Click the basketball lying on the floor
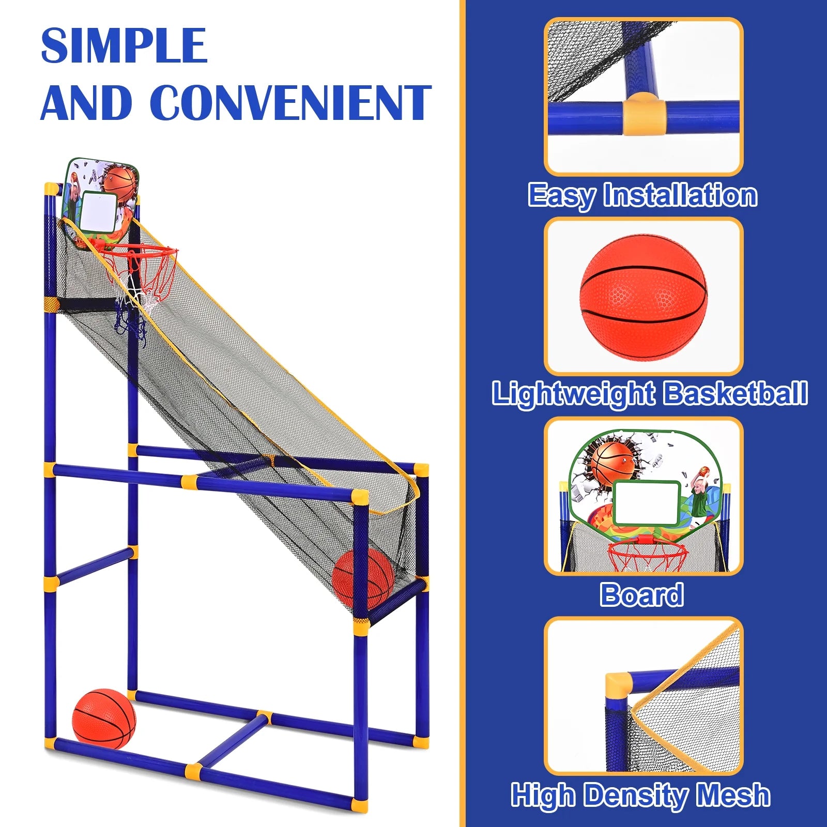tap(104, 718)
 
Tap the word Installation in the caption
tap(681, 195)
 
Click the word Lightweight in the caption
tap(573, 394)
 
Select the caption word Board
tap(641, 594)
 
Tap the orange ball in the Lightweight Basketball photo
tap(644, 298)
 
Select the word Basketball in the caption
tap(735, 394)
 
